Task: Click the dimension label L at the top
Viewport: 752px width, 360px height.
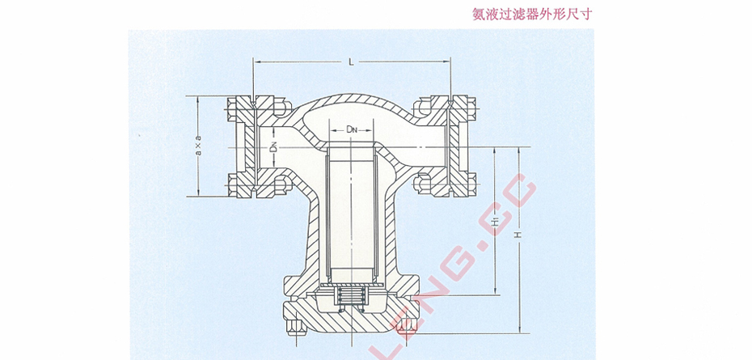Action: click(350, 61)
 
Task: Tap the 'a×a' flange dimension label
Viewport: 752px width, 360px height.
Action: click(198, 146)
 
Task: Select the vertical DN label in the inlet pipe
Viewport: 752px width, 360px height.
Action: click(275, 148)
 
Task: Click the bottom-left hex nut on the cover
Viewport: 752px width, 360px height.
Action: click(294, 328)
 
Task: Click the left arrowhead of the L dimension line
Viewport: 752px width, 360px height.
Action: click(258, 61)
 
